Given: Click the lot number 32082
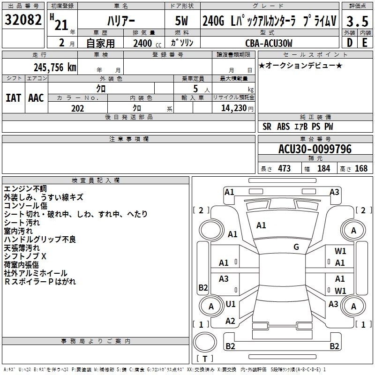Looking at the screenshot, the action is pos(23,20).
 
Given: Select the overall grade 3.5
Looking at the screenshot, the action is pos(357,21).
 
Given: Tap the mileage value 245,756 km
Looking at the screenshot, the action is pos(55,67).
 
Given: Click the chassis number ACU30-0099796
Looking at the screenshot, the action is pos(315,149).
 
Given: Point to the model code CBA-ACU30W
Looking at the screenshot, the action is pos(269,43).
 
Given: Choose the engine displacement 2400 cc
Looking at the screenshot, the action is pos(147,43).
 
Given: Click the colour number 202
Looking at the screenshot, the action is pos(77,108).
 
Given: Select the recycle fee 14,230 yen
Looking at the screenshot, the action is pos(237,108).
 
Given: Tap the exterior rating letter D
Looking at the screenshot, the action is pos(350,43).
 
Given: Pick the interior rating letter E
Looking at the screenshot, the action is pos(365,43).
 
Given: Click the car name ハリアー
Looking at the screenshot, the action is pos(121,21).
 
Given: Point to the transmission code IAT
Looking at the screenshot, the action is pos(14,98).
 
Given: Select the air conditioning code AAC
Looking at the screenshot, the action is pos(36,98).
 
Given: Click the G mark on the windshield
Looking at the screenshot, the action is pos(296,247).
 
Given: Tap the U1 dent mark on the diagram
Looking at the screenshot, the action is pos(231,304).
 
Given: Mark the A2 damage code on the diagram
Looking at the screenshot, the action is pos(230,321).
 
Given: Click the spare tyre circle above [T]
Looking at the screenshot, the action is pos(205,342).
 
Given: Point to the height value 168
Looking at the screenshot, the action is pos(361,168).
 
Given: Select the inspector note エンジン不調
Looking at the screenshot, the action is pos(25,189).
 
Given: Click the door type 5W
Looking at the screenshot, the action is pos(181,21).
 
